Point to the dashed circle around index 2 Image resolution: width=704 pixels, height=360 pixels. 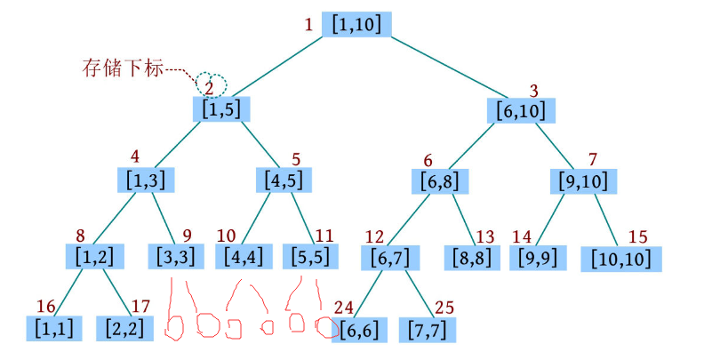pyautogui.click(x=212, y=84)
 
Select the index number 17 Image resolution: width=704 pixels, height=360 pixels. pyautogui.click(x=140, y=307)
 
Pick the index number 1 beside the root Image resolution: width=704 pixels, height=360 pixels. pyautogui.click(x=308, y=25)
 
